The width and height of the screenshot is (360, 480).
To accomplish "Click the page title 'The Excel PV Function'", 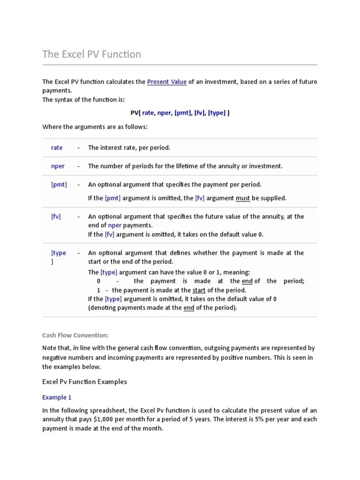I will click(91, 54).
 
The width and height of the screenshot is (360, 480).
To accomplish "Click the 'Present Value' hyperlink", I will click(167, 82).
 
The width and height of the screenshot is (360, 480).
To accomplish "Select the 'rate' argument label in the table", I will click(57, 148).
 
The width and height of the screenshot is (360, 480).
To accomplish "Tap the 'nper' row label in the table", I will click(58, 166).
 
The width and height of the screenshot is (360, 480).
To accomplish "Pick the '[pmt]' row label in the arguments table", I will click(59, 184).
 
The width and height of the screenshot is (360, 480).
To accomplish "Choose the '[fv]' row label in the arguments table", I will click(56, 217).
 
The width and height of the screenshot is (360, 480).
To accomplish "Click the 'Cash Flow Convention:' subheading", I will click(75, 335).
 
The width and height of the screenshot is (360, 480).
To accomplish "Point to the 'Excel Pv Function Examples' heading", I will click(84, 382).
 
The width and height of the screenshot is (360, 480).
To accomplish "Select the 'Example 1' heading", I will click(57, 397).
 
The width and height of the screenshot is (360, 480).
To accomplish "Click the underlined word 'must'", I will click(243, 198).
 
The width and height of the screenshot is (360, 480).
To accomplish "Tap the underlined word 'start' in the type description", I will click(199, 290).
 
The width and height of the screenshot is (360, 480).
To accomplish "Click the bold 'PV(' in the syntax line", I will click(135, 113).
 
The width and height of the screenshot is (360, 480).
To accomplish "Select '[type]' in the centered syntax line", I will click(217, 113).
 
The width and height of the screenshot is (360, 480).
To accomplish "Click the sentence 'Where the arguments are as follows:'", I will click(95, 127).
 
